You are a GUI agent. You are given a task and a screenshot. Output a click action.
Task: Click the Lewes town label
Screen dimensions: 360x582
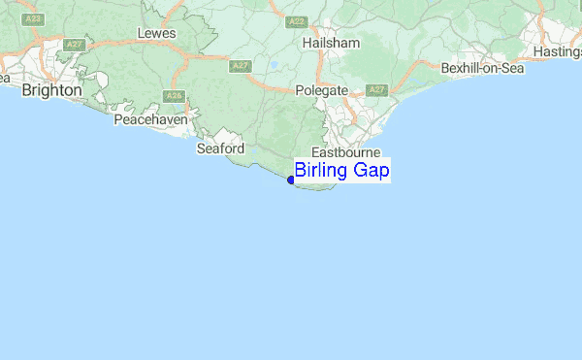tap(157, 33)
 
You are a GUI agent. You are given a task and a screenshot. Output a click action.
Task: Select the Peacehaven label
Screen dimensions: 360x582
tap(150, 119)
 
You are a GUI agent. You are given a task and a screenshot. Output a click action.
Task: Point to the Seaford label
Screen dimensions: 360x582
tap(220, 148)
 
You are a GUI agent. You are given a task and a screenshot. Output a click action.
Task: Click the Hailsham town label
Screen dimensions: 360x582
tap(330, 44)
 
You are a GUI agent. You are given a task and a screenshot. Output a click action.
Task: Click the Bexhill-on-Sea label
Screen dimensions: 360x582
tap(481, 69)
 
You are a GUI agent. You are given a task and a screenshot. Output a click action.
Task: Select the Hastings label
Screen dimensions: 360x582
tap(555, 51)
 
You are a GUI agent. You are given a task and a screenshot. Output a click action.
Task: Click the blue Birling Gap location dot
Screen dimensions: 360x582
tap(291, 180)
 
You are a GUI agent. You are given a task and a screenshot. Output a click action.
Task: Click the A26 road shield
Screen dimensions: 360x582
tap(175, 95)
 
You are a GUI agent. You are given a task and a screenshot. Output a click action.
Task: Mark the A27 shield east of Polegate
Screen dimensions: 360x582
tap(376, 90)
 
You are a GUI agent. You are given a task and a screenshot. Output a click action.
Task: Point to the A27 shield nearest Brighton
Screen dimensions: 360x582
tap(74, 45)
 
